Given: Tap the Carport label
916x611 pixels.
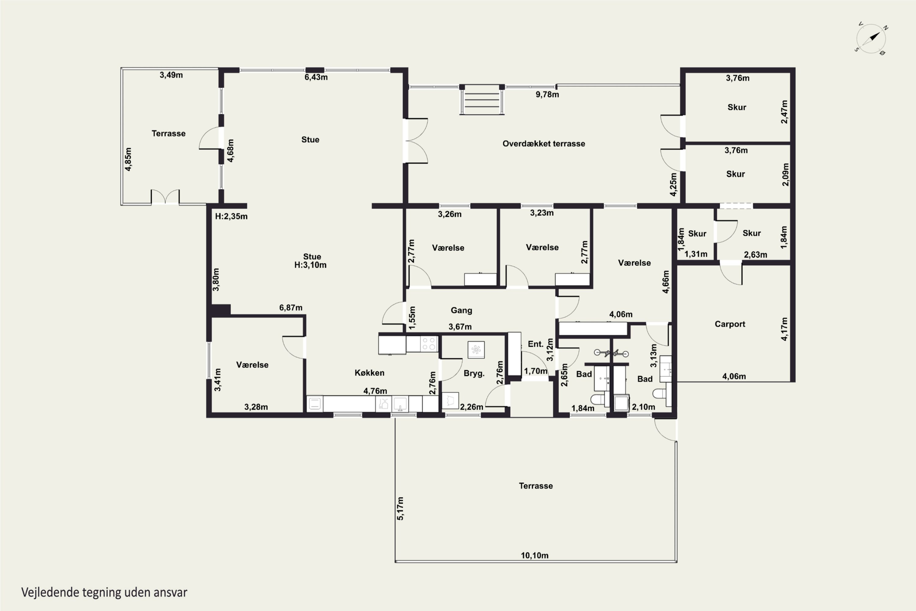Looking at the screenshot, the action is coord(730,324).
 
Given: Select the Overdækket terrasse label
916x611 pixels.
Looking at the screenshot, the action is coord(544,143).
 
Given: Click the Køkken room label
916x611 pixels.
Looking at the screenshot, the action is coord(369,372).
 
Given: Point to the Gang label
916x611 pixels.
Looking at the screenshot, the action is coord(461,310).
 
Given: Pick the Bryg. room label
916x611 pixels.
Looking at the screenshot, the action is coord(474,373).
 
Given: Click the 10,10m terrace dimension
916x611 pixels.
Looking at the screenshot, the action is coord(535,555).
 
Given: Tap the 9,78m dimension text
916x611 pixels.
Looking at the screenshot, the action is coord(547,94).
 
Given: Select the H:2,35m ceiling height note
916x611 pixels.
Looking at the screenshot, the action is coord(231,216).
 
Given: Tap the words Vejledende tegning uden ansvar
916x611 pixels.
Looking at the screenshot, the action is coord(104,592).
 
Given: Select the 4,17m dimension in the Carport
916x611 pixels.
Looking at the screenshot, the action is coord(784,329).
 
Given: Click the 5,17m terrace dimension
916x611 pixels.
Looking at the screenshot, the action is coord(400,508).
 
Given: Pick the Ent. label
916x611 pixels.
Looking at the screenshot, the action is coord(536,344).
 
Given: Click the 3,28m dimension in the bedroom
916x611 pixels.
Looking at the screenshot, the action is coord(256,407).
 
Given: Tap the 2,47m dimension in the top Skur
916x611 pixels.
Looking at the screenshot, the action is coord(784,112).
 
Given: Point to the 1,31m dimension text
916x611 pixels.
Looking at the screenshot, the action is coord(696,254).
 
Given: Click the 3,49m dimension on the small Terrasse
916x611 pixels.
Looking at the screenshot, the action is coord(171,75).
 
